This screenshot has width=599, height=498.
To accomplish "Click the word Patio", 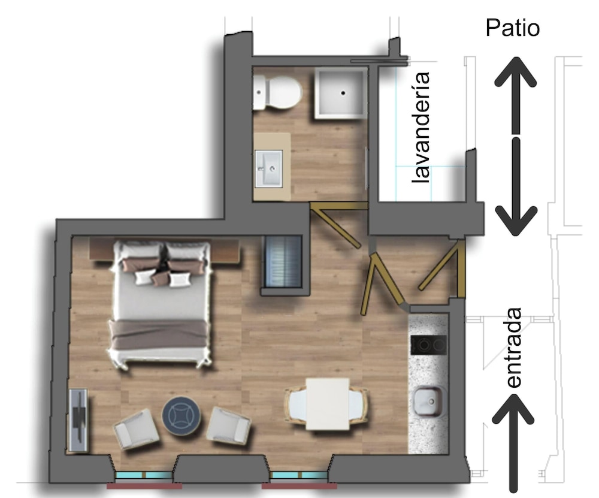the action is (x=512, y=28).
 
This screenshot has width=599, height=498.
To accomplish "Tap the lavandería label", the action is (x=420, y=128).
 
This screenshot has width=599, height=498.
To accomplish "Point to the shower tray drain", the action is (x=343, y=93).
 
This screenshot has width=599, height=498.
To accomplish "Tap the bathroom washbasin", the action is (x=269, y=168).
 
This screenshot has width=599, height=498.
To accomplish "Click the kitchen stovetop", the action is (x=428, y=345).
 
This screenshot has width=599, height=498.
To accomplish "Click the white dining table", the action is (x=328, y=404).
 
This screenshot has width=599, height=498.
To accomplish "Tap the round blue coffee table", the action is (x=181, y=416).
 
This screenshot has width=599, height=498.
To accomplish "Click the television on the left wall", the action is (x=80, y=420).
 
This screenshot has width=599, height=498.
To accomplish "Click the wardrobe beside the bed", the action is (x=283, y=262).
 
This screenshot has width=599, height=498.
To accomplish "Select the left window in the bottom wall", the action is (x=144, y=475).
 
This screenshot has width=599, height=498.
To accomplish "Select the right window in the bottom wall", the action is (x=298, y=475).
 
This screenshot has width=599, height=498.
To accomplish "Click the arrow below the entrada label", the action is (x=513, y=443).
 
